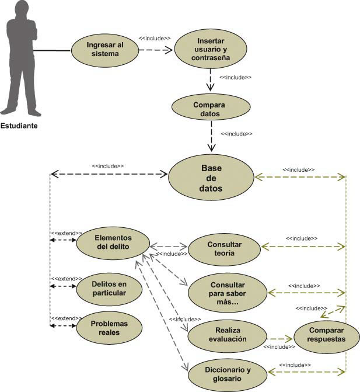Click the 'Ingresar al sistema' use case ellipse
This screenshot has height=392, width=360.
click(105, 50)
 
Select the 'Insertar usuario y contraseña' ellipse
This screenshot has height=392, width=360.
click(211, 49)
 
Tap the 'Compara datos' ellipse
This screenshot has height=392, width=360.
click(211, 107)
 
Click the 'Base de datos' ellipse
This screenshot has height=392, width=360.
click(211, 178)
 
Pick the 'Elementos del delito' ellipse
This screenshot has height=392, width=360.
click(113, 243)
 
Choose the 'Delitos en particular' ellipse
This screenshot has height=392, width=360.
click(109, 289)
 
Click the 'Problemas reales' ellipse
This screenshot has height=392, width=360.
click(109, 328)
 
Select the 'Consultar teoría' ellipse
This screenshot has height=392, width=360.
click(224, 249)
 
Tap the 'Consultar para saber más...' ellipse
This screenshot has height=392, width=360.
click(228, 293)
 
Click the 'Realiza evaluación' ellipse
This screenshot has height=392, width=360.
click(228, 336)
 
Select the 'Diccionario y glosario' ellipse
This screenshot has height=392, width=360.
click(228, 375)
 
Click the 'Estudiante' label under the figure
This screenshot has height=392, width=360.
click(19, 126)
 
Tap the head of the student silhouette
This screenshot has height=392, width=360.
click(22, 9)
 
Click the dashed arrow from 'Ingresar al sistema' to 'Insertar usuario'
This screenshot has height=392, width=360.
click(156, 50)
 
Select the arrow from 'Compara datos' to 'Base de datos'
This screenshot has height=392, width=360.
click(211, 136)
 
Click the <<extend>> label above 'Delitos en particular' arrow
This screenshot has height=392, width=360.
click(67, 279)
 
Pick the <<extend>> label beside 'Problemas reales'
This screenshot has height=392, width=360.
click(67, 318)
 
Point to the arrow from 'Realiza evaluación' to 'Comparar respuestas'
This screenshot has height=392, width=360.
click(279, 339)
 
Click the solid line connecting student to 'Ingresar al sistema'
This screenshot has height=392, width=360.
click(52, 50)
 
